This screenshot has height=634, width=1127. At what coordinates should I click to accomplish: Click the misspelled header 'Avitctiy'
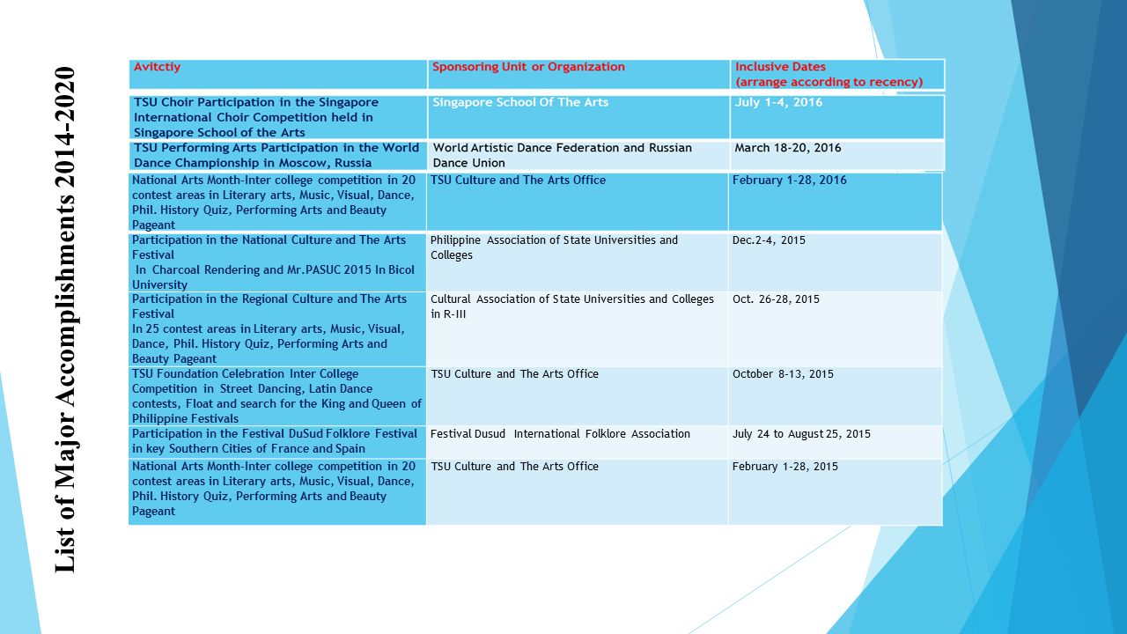[x=158, y=67]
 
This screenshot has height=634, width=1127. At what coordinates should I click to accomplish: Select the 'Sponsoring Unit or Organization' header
[x=529, y=67]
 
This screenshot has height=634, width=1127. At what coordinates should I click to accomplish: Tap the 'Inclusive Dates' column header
[x=780, y=67]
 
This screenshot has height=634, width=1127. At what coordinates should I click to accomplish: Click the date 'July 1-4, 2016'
[x=779, y=102]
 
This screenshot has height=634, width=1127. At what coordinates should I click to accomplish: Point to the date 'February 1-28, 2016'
[x=790, y=181]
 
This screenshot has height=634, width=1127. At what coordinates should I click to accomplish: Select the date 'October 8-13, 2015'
[x=783, y=374]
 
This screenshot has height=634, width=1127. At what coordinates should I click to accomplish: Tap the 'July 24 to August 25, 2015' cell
[x=801, y=434]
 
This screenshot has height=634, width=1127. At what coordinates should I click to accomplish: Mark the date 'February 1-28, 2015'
[x=785, y=467]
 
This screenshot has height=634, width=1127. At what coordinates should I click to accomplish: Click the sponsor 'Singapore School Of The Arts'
[x=520, y=102]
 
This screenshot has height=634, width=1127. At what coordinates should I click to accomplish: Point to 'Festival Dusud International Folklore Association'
[x=560, y=434]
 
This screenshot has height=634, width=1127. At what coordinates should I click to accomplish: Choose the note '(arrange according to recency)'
[x=829, y=82]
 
